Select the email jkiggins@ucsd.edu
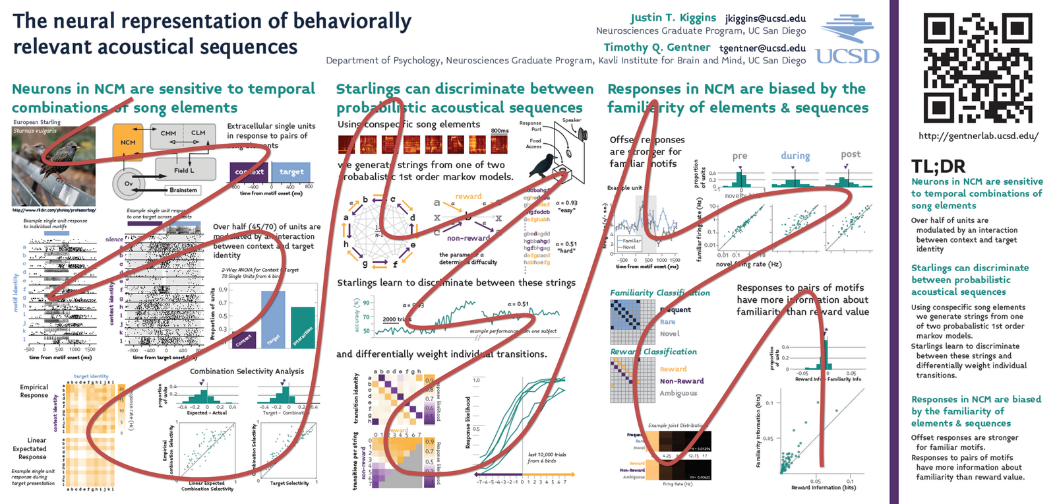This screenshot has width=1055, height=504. click(x=765, y=18)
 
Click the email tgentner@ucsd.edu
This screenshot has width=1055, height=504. click(x=762, y=48)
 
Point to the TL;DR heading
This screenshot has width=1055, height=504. click(x=938, y=166)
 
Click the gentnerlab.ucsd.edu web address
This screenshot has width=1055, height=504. click(x=979, y=137)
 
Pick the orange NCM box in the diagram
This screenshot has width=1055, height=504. click(x=128, y=142)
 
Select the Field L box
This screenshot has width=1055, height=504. click(x=184, y=170)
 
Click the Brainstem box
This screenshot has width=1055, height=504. click(x=183, y=190)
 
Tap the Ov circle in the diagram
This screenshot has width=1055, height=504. click(x=129, y=183)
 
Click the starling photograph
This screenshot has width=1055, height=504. click(x=53, y=166)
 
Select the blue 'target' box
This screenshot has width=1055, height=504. click(x=291, y=172)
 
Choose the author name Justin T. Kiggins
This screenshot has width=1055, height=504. click(x=673, y=18)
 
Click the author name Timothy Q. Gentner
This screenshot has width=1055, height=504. click(x=657, y=47)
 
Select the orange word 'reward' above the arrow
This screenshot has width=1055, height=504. click(x=468, y=196)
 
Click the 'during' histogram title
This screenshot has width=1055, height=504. click(x=795, y=156)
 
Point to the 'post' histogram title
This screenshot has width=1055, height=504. click(x=851, y=154)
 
